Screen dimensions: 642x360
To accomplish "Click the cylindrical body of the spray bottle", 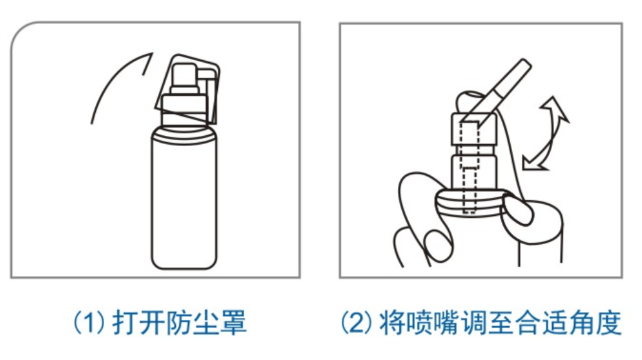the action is [x=184, y=198].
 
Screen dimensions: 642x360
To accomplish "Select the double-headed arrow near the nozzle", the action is [x=545, y=135].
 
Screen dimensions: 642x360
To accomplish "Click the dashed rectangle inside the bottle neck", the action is [x=469, y=167].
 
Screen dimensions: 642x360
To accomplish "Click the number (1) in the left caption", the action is [x=89, y=322].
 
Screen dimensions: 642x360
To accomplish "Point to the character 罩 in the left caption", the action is [x=233, y=322].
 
